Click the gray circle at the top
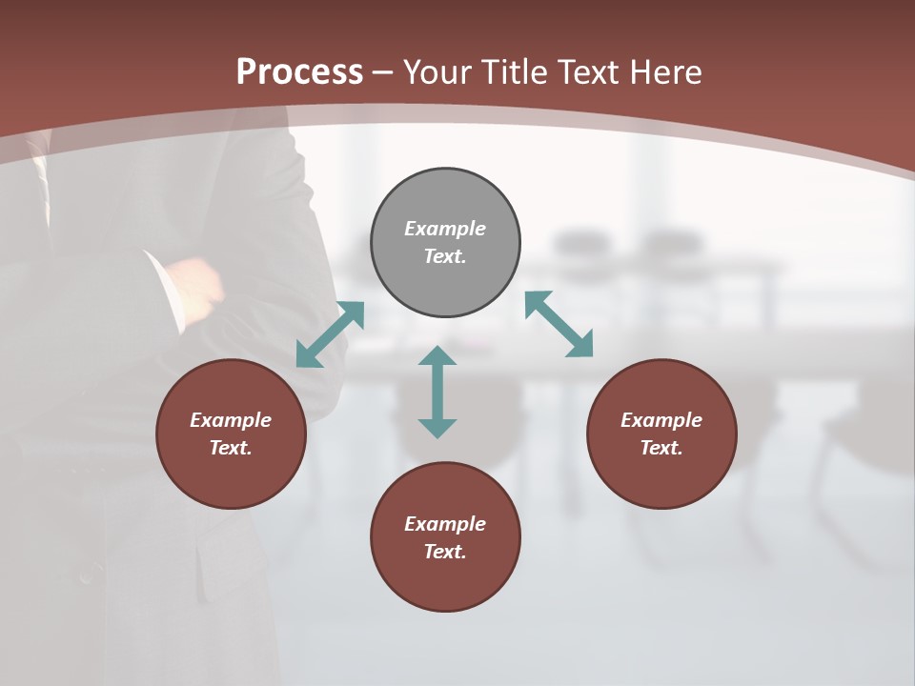pos(445,242)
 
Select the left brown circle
pos(231,434)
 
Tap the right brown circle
pos(661,434)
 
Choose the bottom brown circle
pos(445,537)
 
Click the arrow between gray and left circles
pos(330,333)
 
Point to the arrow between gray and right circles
pos(559,324)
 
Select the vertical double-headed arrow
pos(437,392)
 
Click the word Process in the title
pos(299,71)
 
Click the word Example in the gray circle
pos(445,229)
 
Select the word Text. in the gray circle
pos(445,256)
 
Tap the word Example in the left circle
pos(231,420)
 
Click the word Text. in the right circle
pos(661,448)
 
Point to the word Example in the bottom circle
pos(445,524)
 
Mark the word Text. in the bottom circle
pos(445,552)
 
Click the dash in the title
pos(383,72)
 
